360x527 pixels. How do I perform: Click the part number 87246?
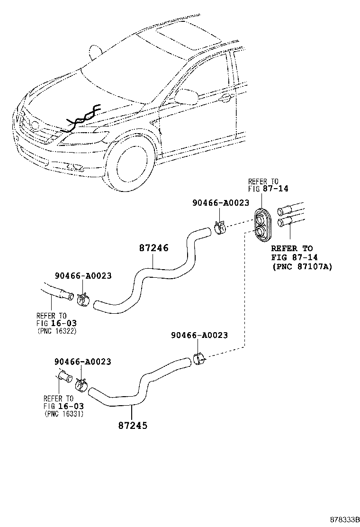pos(154,248)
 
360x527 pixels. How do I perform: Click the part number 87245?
pos(133,425)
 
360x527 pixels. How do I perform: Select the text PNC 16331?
pos(64,413)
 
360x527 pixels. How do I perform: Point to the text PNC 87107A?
pos(302,267)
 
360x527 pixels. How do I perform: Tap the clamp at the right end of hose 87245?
pos(198,359)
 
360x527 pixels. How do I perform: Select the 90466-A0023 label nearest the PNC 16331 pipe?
pos(83,362)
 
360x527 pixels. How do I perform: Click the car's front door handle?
pos(226,99)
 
